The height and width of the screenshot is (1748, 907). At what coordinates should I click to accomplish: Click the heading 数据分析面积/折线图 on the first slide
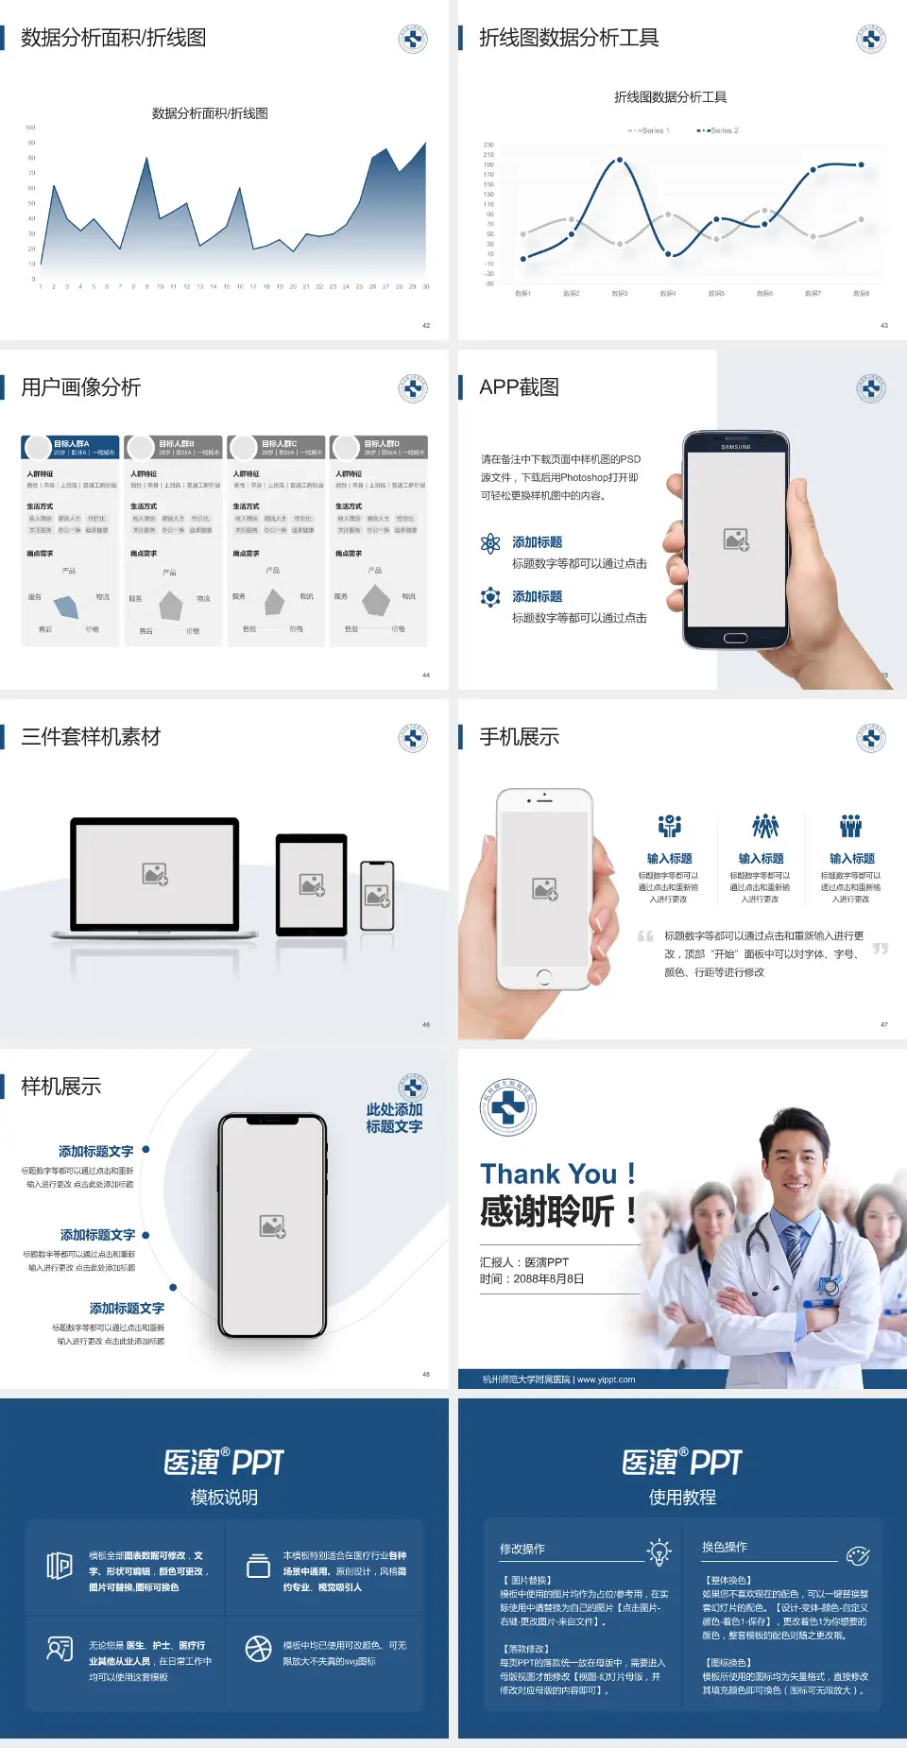pos(113,38)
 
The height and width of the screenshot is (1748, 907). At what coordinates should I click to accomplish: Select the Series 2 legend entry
pos(719,130)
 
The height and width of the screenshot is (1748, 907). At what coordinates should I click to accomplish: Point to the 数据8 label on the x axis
pos(861,294)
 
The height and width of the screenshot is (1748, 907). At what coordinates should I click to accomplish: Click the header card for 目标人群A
pos(70,447)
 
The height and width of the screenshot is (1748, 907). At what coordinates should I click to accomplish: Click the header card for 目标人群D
pos(379,447)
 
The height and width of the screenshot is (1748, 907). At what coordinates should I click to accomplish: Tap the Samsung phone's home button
pos(735,638)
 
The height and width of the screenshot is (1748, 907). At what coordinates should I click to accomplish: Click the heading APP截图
pos(519,387)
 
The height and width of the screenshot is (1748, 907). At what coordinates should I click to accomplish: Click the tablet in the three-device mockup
pos(312,885)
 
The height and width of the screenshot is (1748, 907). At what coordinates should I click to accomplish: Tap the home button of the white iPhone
pos(543,976)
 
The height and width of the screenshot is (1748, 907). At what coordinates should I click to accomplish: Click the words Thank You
pos(548,1174)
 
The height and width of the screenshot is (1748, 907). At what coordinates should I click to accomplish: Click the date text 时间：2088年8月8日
pos(532,1279)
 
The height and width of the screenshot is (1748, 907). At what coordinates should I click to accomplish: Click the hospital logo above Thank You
pos(507,1107)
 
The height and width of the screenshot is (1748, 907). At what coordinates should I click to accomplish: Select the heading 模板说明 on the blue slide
pos(224,1497)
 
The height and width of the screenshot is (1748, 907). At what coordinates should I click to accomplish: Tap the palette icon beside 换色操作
pos(858,1555)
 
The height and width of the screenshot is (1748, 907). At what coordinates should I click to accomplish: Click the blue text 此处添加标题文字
pos(394,1118)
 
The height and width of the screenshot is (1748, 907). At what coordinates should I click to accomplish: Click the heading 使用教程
pos(682,1497)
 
